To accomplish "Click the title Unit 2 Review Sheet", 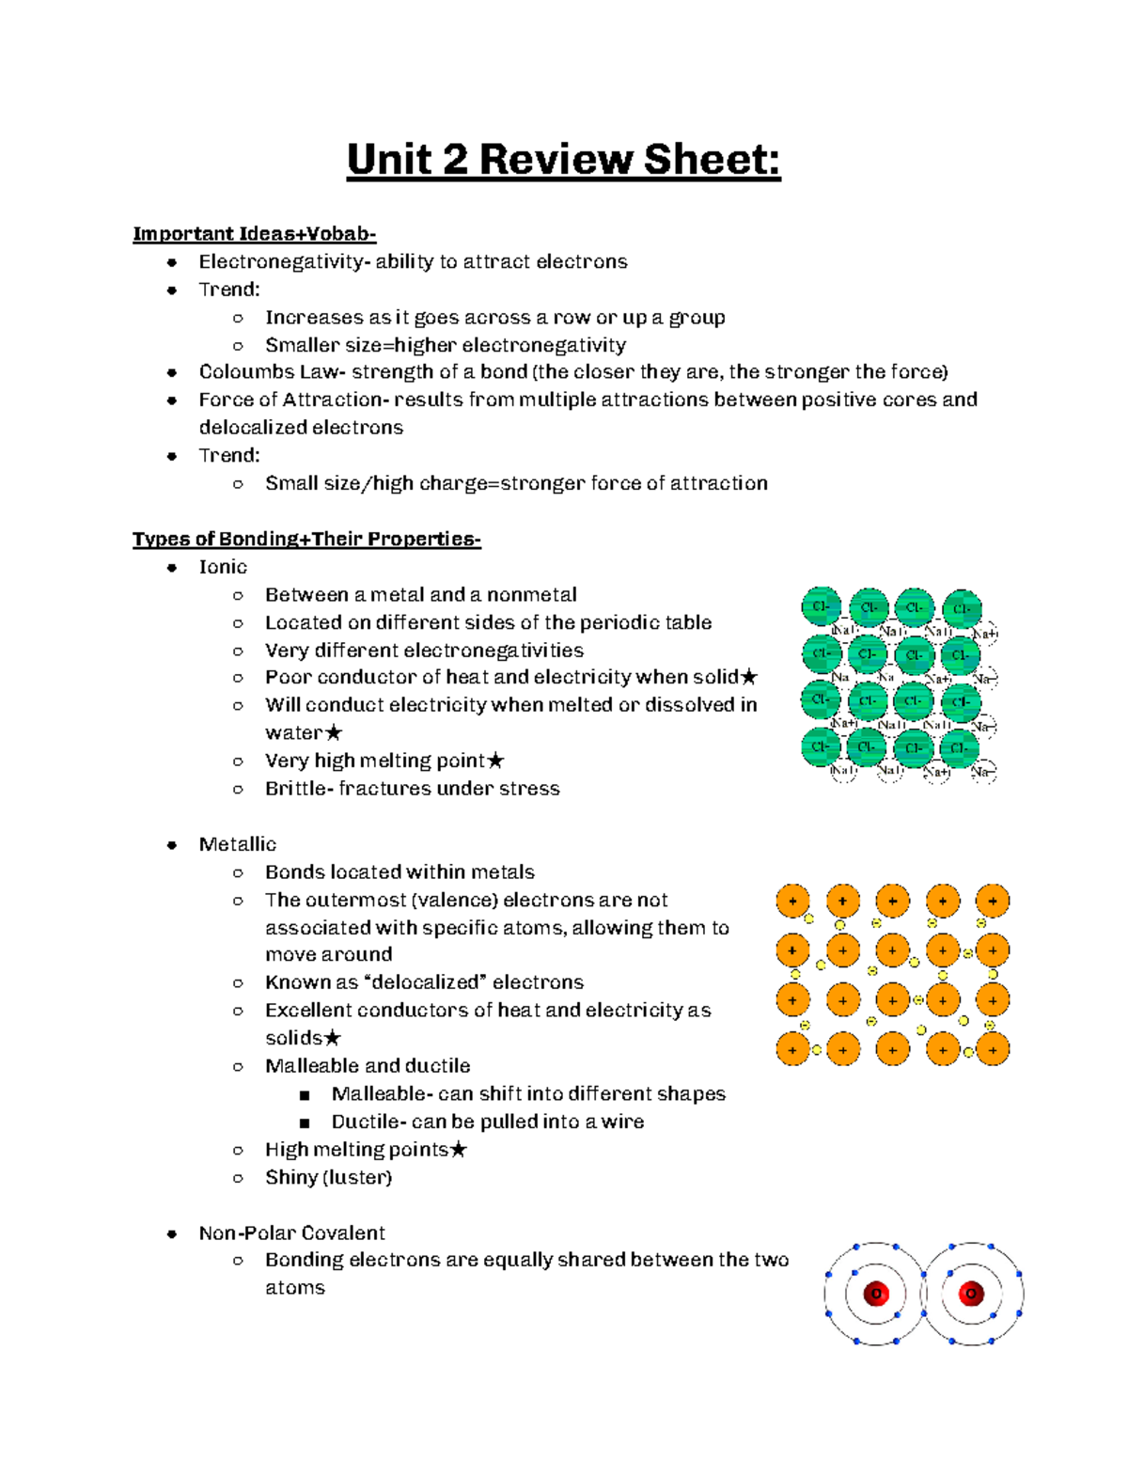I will (563, 159).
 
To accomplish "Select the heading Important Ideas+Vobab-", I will (254, 234).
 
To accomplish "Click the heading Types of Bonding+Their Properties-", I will (306, 539).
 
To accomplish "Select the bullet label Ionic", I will (223, 567).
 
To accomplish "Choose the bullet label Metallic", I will (237, 844).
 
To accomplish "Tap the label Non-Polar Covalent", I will (291, 1232).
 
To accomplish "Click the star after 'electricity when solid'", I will (749, 677).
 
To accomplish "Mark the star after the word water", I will (334, 733).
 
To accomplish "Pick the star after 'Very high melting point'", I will (496, 761).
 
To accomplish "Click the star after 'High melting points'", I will (459, 1150).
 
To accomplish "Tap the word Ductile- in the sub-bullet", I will (369, 1122).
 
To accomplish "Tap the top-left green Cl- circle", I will (821, 606).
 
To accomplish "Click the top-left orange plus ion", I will (792, 901).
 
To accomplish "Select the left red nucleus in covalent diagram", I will (876, 1294).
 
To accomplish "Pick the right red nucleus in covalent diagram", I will (971, 1294).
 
